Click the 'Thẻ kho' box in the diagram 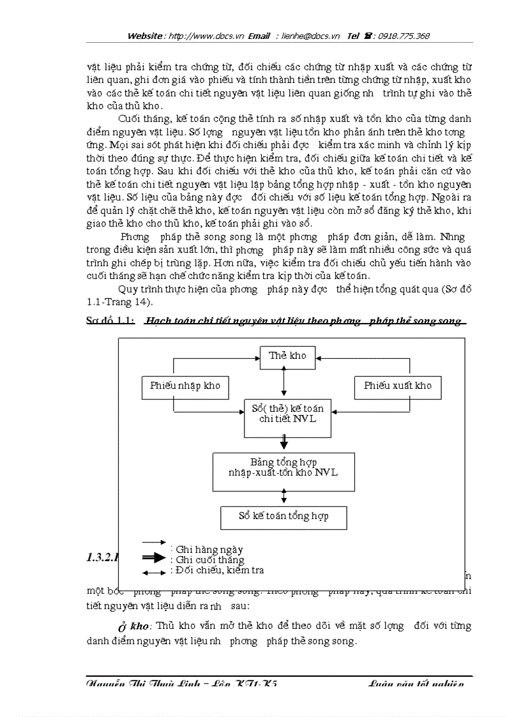pos(287,356)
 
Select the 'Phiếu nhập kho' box pos(185,386)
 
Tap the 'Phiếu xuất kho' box pos(397,386)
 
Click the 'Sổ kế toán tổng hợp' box pos(283,517)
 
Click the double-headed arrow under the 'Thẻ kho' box pos(283,384)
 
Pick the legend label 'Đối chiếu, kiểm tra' pos(219,570)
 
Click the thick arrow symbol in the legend pos(153,558)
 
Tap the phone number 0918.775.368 pos(405,36)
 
